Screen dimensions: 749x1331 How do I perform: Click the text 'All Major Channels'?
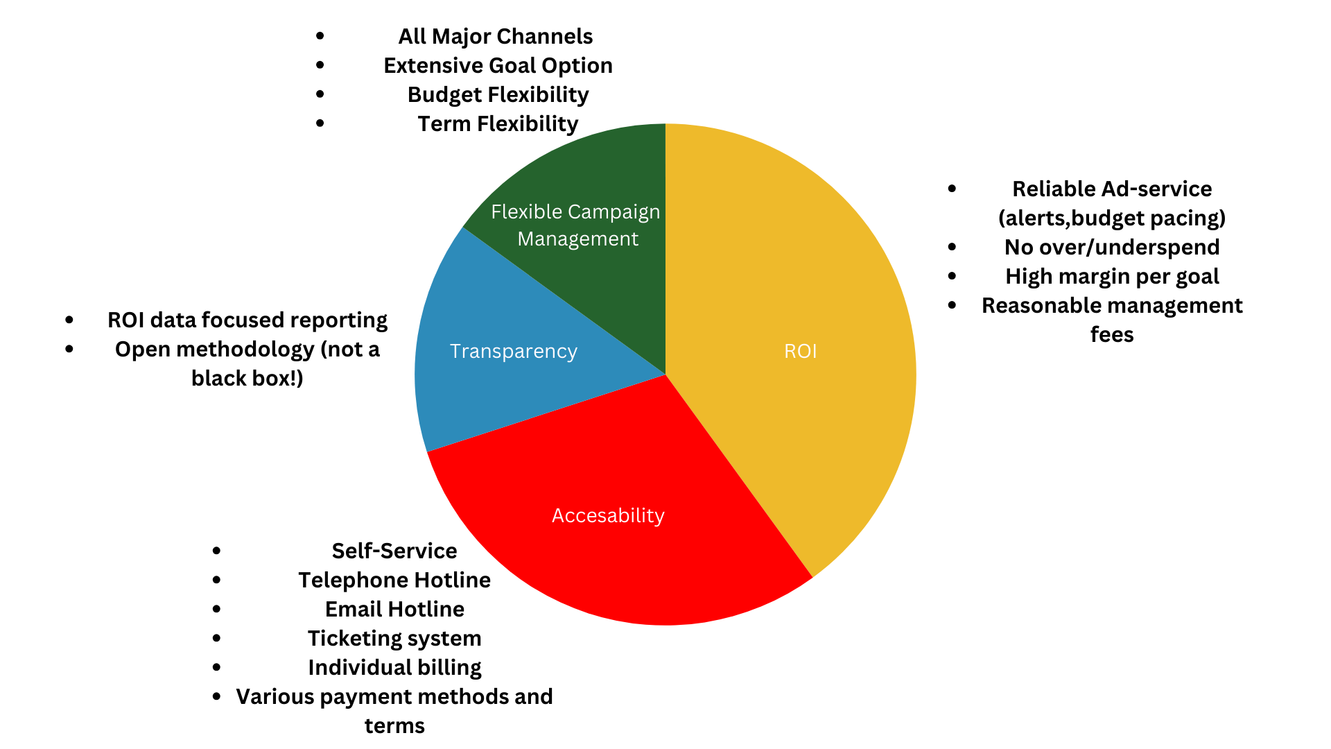point(496,36)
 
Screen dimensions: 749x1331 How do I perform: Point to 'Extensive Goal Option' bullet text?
point(498,65)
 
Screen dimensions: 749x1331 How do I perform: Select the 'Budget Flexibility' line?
point(498,94)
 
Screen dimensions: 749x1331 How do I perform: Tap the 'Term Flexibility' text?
point(498,123)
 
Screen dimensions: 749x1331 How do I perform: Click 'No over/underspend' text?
point(1112,247)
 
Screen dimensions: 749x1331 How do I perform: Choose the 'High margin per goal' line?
point(1112,276)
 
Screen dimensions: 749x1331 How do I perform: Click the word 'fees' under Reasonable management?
point(1112,334)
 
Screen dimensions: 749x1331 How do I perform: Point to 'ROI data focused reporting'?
point(247,320)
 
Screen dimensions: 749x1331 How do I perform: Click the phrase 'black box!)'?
point(247,378)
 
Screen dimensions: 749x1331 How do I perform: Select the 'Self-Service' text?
point(394,551)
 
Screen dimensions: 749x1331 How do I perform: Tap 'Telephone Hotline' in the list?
point(394,580)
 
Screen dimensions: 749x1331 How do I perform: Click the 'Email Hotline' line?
point(394,609)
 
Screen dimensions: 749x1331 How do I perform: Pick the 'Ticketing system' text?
point(394,638)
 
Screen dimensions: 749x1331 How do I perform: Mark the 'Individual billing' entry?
point(394,667)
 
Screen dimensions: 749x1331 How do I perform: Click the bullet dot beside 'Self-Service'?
point(217,551)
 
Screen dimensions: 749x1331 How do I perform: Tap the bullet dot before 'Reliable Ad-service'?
point(952,189)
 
